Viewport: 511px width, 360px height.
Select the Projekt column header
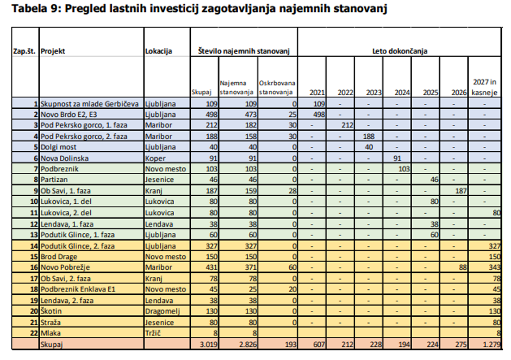53,51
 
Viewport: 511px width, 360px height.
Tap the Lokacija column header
159,51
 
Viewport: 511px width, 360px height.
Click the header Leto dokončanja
400,51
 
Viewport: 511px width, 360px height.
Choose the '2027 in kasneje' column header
485,87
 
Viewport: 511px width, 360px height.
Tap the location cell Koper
155,158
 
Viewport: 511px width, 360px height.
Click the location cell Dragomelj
163,311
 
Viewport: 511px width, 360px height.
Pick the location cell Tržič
154,333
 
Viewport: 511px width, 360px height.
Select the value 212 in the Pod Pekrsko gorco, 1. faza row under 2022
346,125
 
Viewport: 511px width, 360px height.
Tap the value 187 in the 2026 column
460,191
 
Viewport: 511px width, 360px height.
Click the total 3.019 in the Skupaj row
207,344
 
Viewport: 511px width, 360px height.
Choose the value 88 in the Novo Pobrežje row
463,268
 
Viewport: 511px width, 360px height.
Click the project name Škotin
53,311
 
